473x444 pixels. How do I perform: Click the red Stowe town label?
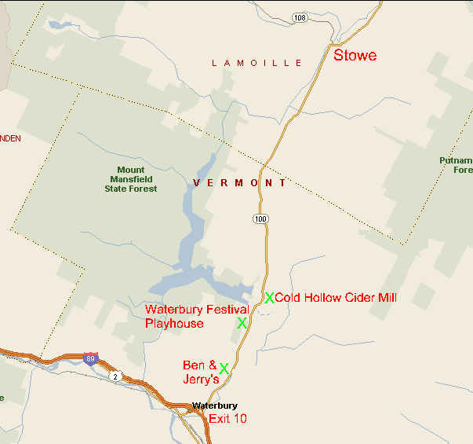pyautogui.click(x=355, y=56)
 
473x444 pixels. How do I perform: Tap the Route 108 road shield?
pyautogui.click(x=299, y=17)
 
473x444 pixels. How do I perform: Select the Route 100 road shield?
pyautogui.click(x=260, y=218)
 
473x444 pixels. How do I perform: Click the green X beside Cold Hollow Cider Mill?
pyautogui.click(x=269, y=298)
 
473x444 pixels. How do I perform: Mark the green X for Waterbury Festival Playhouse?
pyautogui.click(x=242, y=323)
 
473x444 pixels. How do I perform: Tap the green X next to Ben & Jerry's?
pyautogui.click(x=224, y=368)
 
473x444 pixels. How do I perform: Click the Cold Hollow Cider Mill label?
pyautogui.click(x=336, y=298)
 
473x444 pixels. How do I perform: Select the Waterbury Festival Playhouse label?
pyautogui.click(x=196, y=317)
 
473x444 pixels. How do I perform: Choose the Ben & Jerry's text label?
pyautogui.click(x=200, y=372)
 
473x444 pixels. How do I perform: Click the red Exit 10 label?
pyautogui.click(x=227, y=419)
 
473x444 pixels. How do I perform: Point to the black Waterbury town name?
pyautogui.click(x=215, y=405)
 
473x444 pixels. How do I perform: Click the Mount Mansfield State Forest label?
pyautogui.click(x=131, y=179)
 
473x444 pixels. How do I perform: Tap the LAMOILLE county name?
pyautogui.click(x=257, y=63)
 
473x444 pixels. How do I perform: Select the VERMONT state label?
pyautogui.click(x=239, y=182)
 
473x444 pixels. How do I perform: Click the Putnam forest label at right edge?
pyautogui.click(x=456, y=165)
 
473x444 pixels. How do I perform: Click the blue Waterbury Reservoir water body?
pyautogui.click(x=191, y=236)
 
